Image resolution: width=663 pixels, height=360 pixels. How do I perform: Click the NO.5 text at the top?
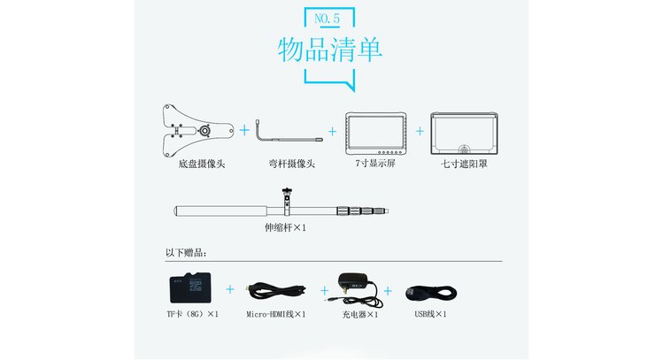pos(327,19)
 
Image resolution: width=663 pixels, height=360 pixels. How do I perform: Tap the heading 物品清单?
pos(330,50)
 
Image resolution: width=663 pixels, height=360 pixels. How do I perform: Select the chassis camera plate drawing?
pos(197,130)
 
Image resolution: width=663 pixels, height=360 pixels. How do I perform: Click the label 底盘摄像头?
pos(202,164)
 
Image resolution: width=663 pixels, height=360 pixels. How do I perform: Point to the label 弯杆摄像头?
pos(292,164)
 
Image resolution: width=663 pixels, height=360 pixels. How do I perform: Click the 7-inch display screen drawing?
pos(375,134)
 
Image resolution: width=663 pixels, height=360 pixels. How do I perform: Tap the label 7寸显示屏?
pos(375,164)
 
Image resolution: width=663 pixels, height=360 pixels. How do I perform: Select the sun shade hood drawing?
pos(464,134)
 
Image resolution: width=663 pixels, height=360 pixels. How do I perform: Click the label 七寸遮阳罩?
pos(464,164)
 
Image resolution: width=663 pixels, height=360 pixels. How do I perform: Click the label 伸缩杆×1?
pos(285,227)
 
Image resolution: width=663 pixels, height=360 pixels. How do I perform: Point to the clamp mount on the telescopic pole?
pos(287,202)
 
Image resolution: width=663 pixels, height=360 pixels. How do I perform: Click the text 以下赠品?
pos(186,253)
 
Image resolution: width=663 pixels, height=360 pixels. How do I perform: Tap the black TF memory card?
pos(190,287)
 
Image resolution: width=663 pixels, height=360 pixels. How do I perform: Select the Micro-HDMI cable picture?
pos(277,291)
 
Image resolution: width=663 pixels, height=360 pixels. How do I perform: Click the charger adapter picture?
pos(354,289)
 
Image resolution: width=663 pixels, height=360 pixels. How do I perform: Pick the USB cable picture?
pos(431,293)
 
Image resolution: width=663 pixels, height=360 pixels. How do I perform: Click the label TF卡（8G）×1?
pos(193,314)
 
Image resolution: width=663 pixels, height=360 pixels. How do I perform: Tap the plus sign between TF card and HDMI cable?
pos(230,289)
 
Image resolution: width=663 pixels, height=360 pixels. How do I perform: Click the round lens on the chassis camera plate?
pos(205,131)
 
